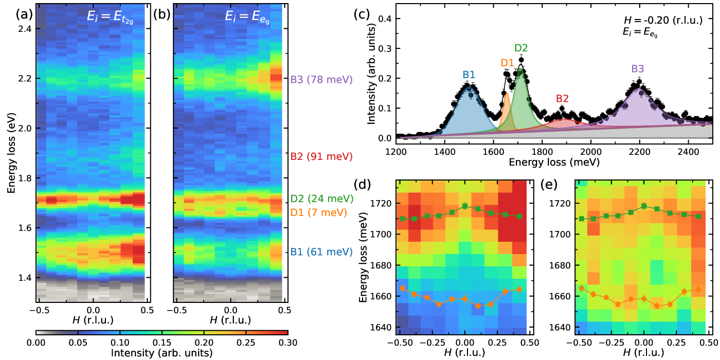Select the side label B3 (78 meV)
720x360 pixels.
[321, 80]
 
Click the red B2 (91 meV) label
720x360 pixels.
[321, 156]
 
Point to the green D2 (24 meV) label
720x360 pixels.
[321, 199]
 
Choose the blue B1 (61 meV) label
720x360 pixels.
[321, 252]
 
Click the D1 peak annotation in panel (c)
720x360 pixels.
[508, 63]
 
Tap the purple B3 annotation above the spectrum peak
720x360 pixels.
[638, 69]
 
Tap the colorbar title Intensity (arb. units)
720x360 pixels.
[161, 353]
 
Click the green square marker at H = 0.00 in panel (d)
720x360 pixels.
[465, 206]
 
